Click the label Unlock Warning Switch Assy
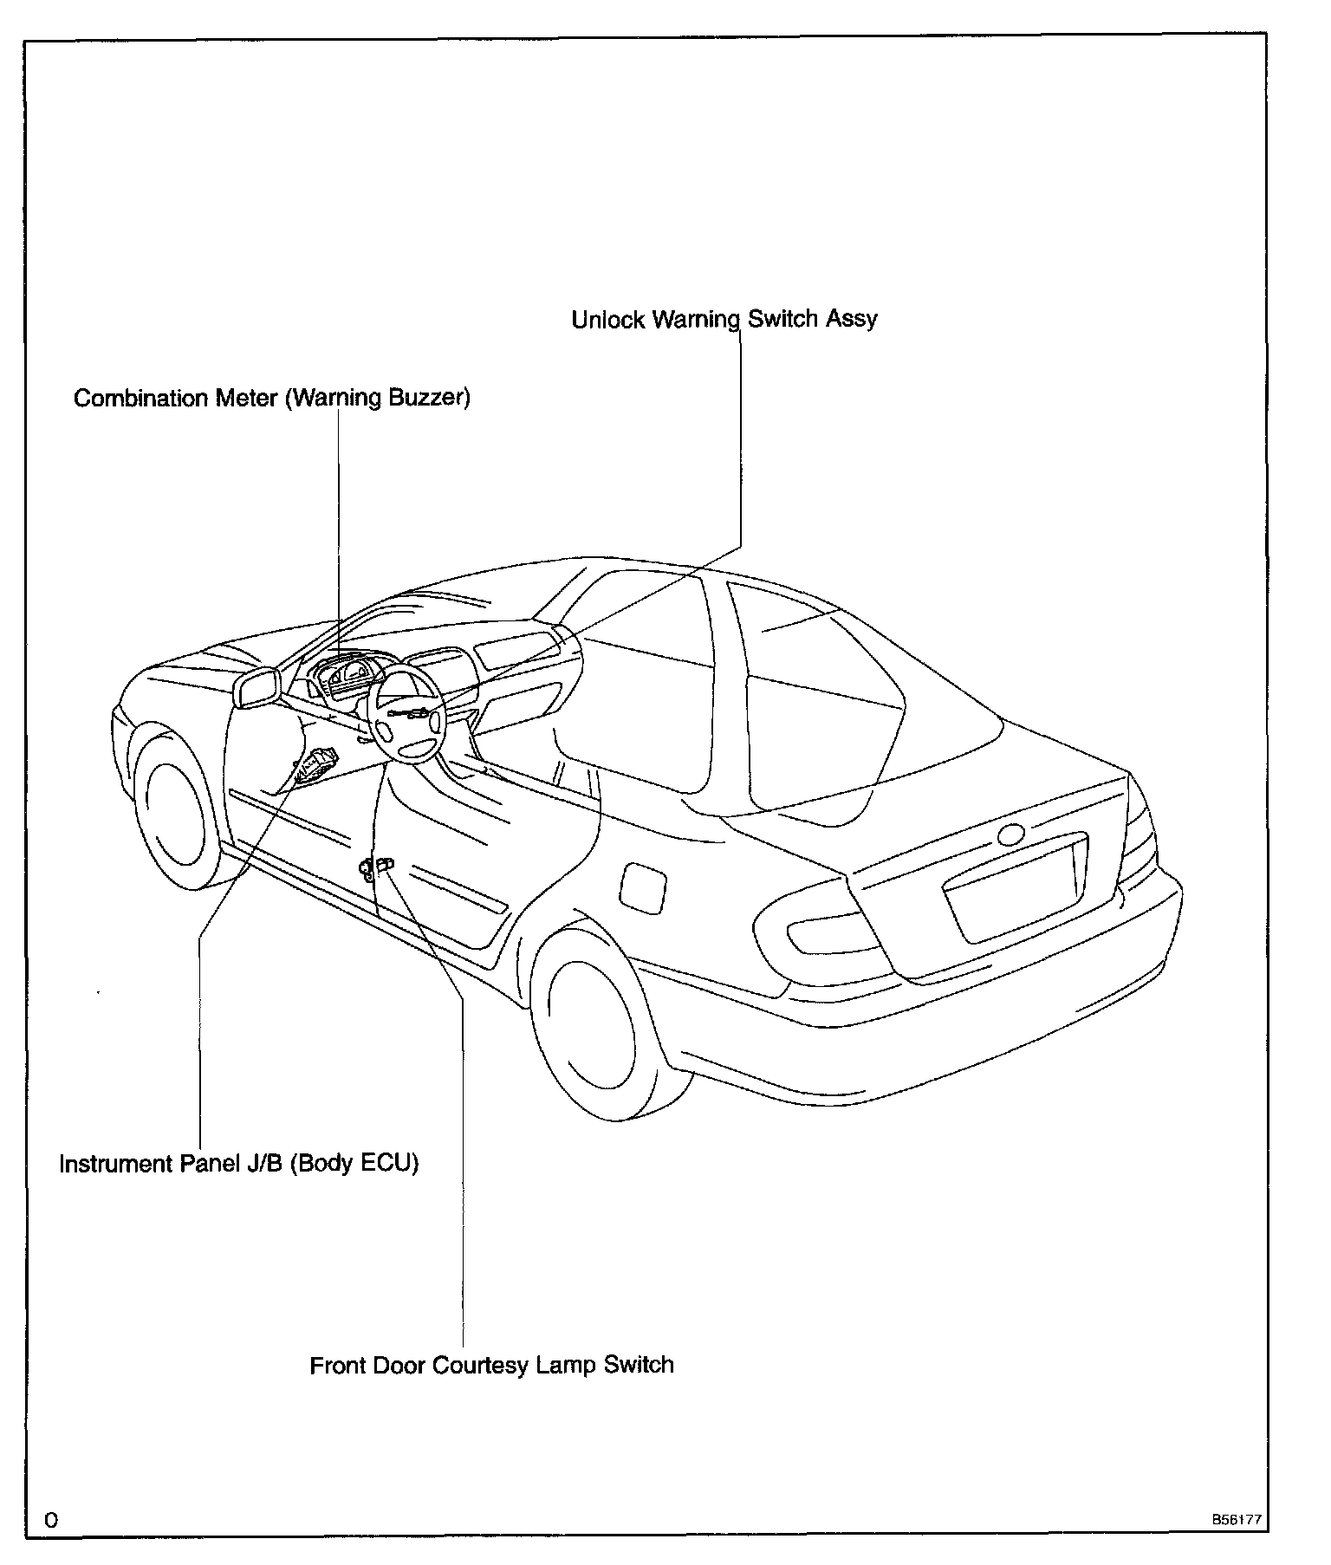[x=724, y=320]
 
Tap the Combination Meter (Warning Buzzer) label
[x=271, y=399]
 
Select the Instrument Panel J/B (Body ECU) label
[x=238, y=1163]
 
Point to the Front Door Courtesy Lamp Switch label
[x=491, y=1366]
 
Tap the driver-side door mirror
[x=257, y=688]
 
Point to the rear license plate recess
[x=1014, y=893]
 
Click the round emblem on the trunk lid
[x=1010, y=835]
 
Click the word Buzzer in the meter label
[x=430, y=399]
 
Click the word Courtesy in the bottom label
[x=480, y=1366]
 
